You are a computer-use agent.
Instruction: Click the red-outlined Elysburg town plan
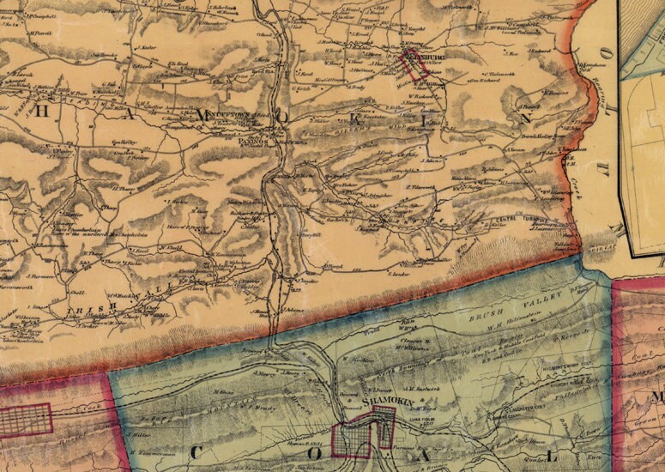(x=413, y=65)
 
